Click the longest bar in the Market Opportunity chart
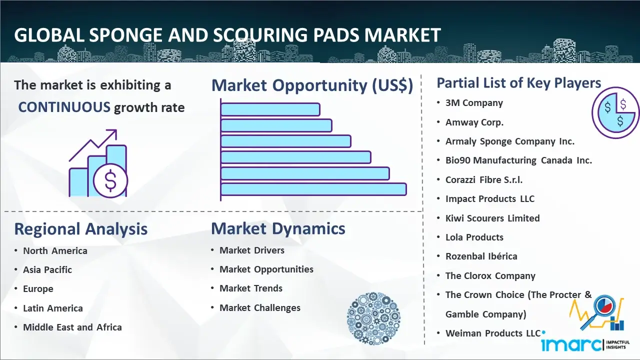point(313,189)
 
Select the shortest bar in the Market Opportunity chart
point(270,109)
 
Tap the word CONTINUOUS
point(64,107)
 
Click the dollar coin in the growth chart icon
point(110,180)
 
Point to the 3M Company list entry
point(474,103)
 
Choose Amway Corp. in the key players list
point(474,122)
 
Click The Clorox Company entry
point(490,276)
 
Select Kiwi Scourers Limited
point(492,218)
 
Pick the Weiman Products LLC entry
point(492,333)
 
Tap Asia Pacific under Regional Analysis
point(47,270)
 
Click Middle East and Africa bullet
point(72,327)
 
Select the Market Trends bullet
point(251,288)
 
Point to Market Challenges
point(260,308)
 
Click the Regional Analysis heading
point(80,229)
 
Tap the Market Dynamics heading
point(278,228)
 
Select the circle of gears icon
point(373,318)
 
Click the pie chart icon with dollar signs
point(614,112)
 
